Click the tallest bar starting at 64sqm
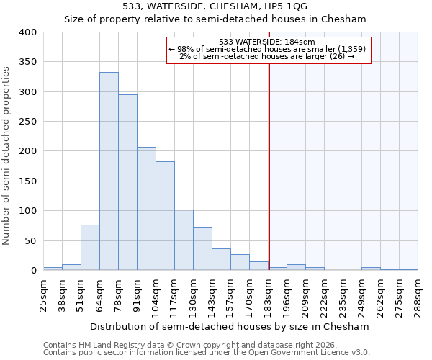[x=109, y=171]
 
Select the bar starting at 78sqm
[x=127, y=182]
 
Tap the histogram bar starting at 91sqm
[x=146, y=209]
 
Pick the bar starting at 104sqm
[x=165, y=216]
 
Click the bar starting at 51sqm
[x=90, y=248]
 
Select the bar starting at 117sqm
[x=184, y=240]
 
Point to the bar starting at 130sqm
[x=202, y=249]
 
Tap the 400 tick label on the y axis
[x=27, y=32]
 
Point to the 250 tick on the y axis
[x=27, y=122]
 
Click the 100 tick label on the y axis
[x=27, y=211]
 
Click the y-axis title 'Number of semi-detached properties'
[x=7, y=155]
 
